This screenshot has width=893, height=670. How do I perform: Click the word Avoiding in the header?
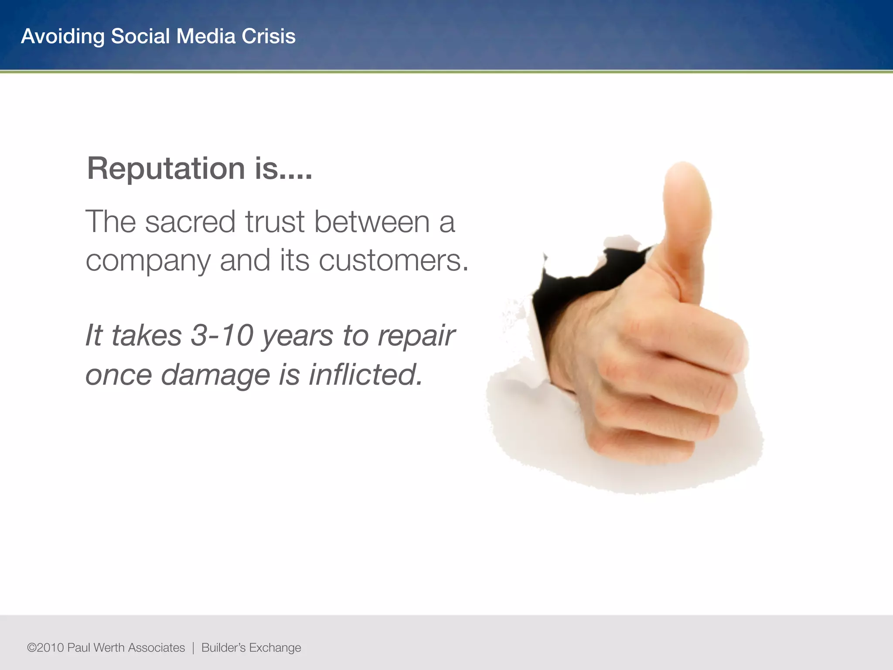pos(62,36)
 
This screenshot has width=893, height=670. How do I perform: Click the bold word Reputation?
pos(166,169)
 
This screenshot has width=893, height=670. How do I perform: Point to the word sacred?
pos(191,222)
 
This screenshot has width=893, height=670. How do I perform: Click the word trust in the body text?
pos(274,222)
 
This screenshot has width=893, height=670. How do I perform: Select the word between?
pos(372,222)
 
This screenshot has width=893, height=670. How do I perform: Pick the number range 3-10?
pos(222,335)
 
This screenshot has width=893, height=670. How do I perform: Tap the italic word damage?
pos(215,375)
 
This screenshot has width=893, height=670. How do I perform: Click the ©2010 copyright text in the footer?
pos(45,648)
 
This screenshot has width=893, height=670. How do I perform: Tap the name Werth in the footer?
pos(109,648)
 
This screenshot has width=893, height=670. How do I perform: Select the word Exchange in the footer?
pos(275,648)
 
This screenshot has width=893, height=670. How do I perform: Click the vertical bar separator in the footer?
pos(193,648)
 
